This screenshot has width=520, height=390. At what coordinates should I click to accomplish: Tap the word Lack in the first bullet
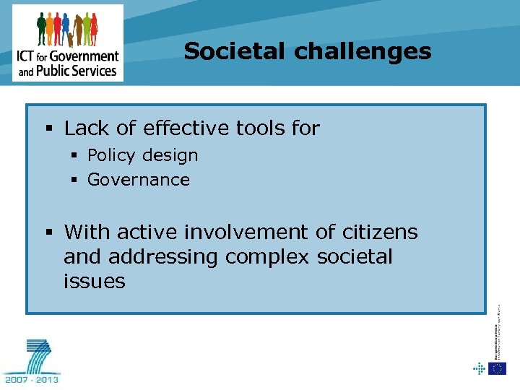[x=86, y=129]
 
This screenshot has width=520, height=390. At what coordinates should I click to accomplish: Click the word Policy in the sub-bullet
[x=111, y=155]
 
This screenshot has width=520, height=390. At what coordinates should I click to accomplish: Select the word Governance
[x=138, y=180]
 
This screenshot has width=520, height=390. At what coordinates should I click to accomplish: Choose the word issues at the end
[x=94, y=282]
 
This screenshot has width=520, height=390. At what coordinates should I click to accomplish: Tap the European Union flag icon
[x=497, y=368]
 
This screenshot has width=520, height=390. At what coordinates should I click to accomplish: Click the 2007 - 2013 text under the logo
[x=32, y=378]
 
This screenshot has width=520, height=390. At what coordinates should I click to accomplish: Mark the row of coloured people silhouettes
[x=67, y=29]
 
